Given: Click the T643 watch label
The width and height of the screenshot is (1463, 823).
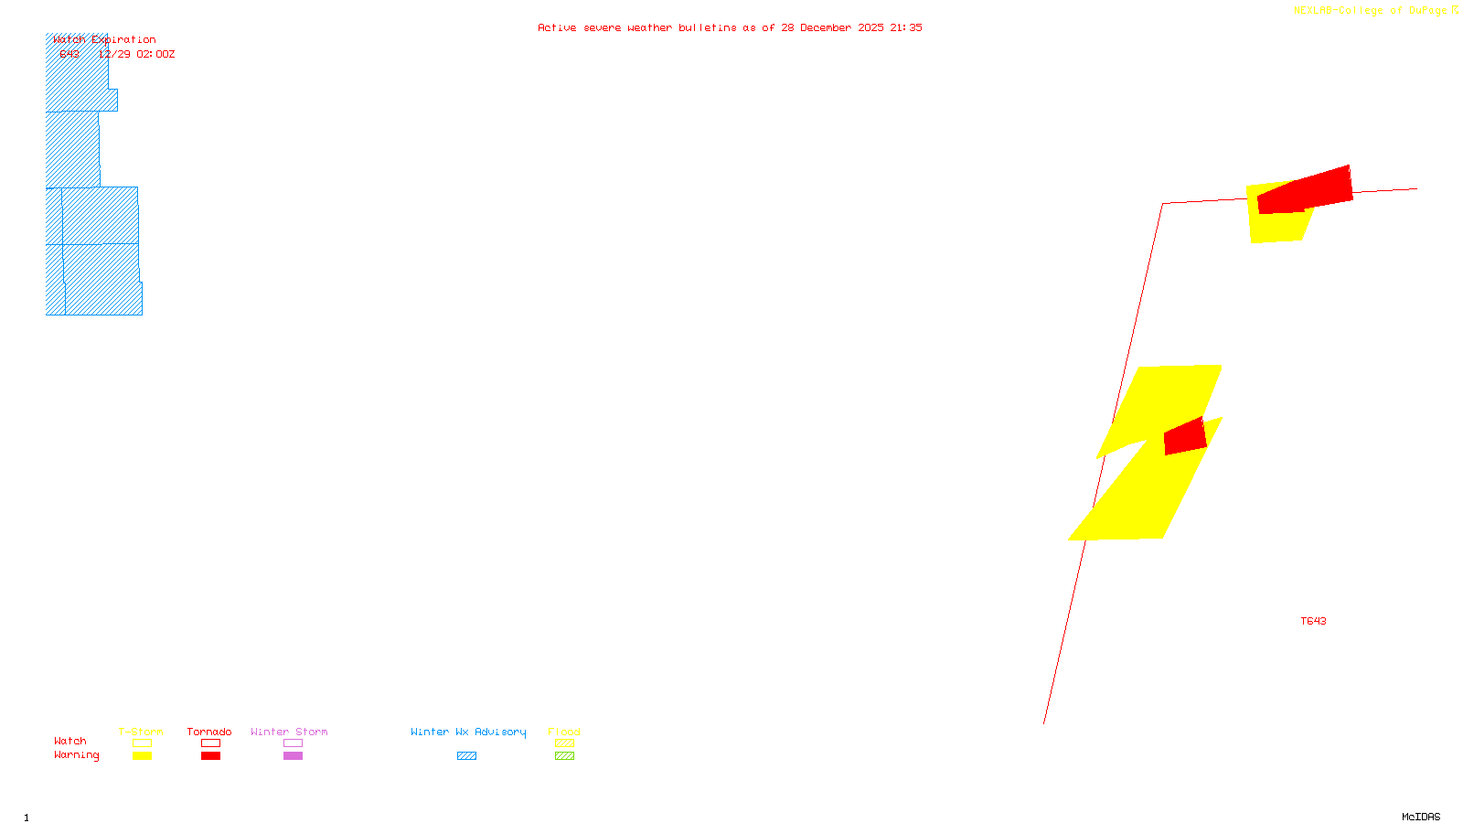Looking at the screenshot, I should (1313, 621).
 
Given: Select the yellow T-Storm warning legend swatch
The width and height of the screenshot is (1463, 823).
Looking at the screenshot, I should (142, 756).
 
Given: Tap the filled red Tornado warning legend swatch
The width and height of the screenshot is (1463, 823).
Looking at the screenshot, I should (210, 756).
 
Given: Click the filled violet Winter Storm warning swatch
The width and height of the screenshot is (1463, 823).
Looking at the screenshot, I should (293, 756).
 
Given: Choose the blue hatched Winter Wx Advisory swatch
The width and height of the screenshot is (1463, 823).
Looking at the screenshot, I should (466, 756).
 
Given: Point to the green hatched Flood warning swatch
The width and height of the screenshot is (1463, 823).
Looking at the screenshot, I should (564, 756).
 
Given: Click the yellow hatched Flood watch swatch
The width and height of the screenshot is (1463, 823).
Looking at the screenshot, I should (564, 743).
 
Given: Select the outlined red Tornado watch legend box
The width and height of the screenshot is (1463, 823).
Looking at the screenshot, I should (210, 743).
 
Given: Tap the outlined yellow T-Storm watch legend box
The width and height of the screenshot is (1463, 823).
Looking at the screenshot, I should (142, 743).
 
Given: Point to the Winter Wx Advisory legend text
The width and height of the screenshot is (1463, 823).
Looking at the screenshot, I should (468, 732).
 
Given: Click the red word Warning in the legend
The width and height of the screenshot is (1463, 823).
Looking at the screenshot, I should (76, 755).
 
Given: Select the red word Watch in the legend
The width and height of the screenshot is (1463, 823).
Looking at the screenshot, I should (69, 741).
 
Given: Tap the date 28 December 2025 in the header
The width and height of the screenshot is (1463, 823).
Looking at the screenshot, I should (832, 27).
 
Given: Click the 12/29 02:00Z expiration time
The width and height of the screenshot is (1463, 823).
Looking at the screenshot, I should (137, 54).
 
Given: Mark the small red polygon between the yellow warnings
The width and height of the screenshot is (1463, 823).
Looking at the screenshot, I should (1185, 437).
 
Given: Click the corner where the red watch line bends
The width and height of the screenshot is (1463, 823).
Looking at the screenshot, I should (1163, 204).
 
